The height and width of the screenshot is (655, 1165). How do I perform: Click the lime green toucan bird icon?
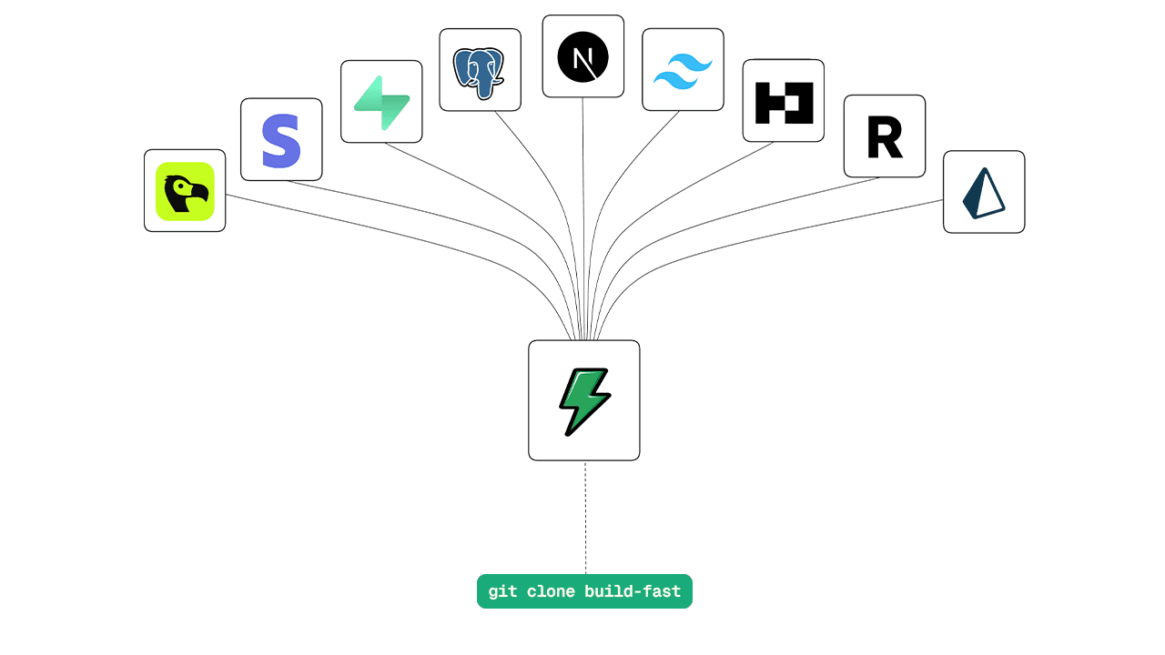click(185, 191)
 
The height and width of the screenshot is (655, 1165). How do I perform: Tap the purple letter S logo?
click(280, 140)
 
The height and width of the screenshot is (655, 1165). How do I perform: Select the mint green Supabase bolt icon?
click(381, 102)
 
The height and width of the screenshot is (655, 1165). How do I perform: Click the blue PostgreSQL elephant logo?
click(480, 70)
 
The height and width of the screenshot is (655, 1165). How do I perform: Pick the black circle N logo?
click(582, 56)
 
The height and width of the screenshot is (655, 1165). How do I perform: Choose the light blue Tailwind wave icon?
click(683, 70)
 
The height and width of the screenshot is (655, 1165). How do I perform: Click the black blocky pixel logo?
click(784, 102)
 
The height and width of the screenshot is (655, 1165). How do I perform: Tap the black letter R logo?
click(885, 137)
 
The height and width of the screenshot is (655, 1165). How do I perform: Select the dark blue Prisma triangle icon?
click(984, 193)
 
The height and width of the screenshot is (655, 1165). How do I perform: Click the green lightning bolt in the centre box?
click(583, 401)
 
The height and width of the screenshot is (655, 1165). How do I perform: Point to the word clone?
click(551, 592)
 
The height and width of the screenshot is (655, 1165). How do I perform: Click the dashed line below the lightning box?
click(585, 519)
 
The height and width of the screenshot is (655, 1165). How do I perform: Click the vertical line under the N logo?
click(582, 209)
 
